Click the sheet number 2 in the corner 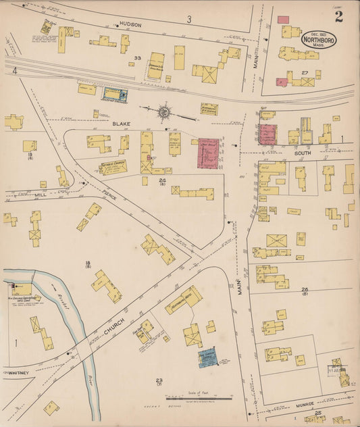click(338, 16)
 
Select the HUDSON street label click(130, 24)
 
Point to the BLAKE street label click(121, 124)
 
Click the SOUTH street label click(302, 153)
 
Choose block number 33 click(137, 58)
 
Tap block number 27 click(305, 72)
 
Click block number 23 click(159, 381)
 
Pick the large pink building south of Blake click(208, 153)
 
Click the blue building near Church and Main click(208, 358)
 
